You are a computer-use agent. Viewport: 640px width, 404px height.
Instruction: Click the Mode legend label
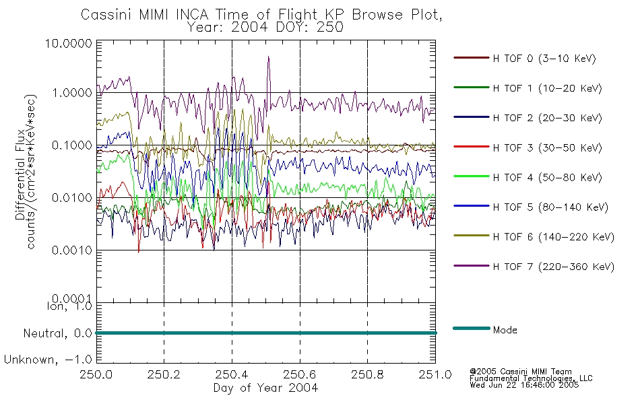505,330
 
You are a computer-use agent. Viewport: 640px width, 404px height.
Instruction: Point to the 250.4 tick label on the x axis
232,374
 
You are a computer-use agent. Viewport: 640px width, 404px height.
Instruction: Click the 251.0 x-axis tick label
435,374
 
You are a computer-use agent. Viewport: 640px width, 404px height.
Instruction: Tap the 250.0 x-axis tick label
96,374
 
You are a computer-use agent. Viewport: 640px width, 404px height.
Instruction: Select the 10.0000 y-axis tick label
69,43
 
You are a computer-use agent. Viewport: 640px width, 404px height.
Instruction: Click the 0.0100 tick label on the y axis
72,198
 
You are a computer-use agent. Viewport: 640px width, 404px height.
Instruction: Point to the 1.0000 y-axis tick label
72,93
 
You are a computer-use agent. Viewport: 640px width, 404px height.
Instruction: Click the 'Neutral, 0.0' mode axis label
58,333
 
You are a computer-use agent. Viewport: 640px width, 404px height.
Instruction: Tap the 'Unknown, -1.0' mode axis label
48,360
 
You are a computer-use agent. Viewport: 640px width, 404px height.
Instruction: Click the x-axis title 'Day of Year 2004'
265,388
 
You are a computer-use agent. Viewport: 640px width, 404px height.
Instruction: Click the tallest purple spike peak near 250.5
269,57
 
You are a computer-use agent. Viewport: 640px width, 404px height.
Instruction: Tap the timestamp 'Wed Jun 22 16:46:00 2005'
524,385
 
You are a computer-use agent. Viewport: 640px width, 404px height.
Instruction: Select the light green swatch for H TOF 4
472,176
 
